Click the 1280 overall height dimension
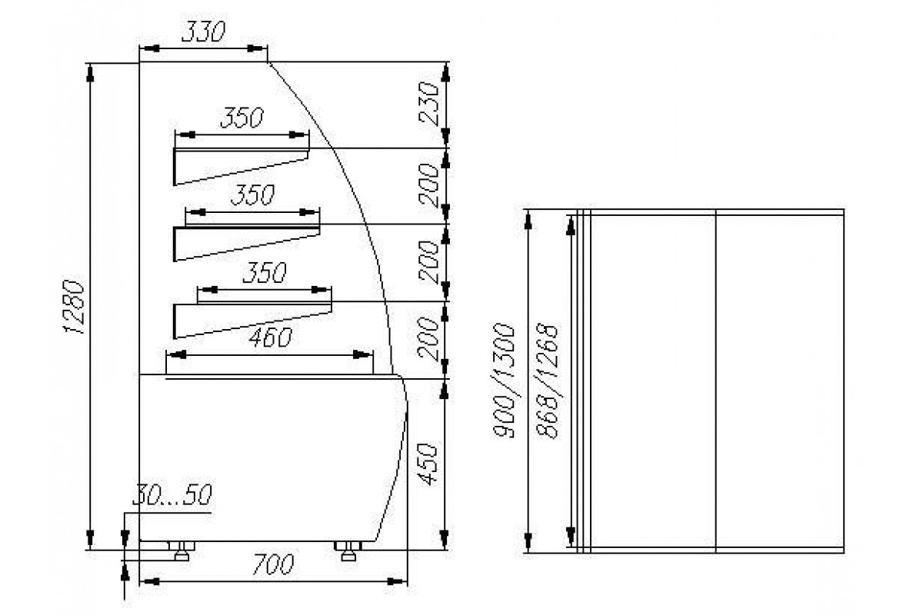click(74, 307)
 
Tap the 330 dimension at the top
click(204, 32)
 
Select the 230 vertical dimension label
click(428, 103)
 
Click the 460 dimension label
click(270, 337)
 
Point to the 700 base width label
click(272, 564)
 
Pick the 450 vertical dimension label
click(427, 464)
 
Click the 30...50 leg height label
click(172, 495)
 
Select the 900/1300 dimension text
click(504, 381)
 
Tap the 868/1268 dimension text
click(548, 381)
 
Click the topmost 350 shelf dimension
click(242, 118)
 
